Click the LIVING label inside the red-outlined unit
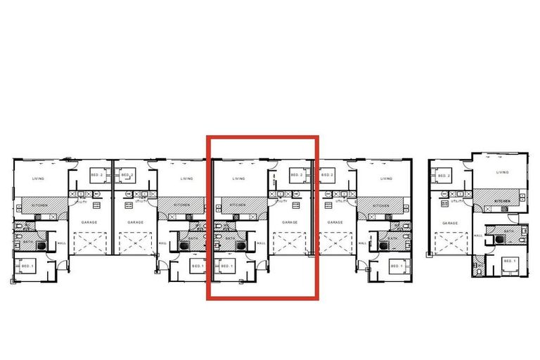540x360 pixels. (x=239, y=179)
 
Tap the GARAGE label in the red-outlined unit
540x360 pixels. (x=290, y=222)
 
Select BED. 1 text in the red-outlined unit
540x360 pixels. (x=227, y=266)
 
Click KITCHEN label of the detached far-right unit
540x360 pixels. (x=501, y=200)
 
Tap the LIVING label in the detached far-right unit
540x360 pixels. (x=502, y=172)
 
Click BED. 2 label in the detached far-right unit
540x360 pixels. (x=443, y=175)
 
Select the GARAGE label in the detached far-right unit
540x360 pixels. (x=449, y=222)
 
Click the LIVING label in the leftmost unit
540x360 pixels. (x=38, y=179)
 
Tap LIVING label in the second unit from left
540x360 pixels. (x=186, y=179)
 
